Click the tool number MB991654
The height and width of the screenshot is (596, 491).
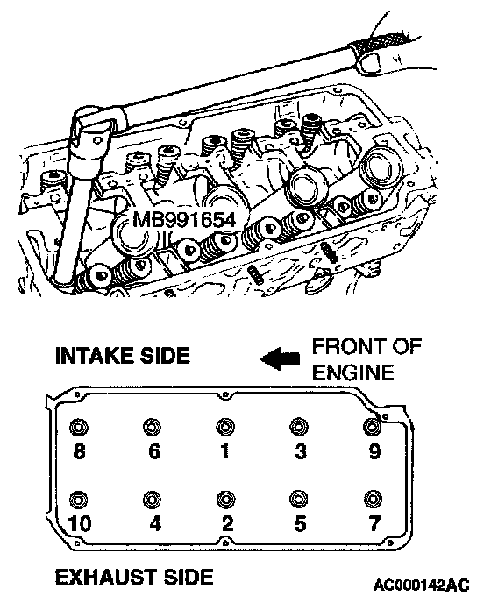[x=184, y=220]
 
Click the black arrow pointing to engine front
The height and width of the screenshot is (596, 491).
[x=281, y=358]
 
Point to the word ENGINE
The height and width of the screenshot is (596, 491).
[x=352, y=372]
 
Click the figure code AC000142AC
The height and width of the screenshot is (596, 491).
[x=422, y=585]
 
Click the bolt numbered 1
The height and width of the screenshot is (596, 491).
[x=225, y=427]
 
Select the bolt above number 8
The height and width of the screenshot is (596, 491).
[x=79, y=427]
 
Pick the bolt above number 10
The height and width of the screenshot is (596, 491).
[x=79, y=499]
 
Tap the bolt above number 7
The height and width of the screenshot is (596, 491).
[x=373, y=499]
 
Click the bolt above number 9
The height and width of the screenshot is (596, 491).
[x=373, y=427]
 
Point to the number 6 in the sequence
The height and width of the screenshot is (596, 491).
[x=154, y=451]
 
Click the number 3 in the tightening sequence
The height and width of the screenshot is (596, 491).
[x=301, y=451]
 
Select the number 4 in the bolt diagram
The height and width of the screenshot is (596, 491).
[x=155, y=524]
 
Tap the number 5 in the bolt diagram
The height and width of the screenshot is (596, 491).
[x=300, y=524]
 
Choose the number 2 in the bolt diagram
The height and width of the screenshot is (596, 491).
[x=227, y=524]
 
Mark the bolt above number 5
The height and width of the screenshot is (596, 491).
[x=299, y=499]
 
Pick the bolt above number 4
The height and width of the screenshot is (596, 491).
[x=153, y=499]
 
